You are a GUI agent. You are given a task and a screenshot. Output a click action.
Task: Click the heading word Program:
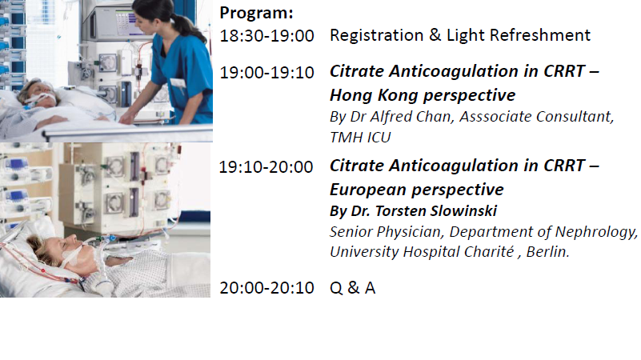(256, 13)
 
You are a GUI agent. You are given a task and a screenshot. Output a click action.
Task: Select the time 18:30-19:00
(266, 36)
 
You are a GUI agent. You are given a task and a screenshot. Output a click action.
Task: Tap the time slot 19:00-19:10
(266, 73)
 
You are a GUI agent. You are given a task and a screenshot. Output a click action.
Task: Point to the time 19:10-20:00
(266, 167)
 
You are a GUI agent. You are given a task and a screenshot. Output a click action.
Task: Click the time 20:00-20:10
(266, 288)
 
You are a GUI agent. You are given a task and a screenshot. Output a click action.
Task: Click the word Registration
(376, 35)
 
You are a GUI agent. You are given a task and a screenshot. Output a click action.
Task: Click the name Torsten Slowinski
(436, 211)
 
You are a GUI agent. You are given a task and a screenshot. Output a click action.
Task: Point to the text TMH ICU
(360, 138)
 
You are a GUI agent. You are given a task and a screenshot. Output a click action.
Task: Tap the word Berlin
(548, 252)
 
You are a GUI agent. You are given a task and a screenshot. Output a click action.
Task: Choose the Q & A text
(352, 288)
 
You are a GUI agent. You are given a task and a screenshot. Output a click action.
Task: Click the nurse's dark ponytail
(188, 26)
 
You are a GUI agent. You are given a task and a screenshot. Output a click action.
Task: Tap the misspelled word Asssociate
(495, 117)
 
